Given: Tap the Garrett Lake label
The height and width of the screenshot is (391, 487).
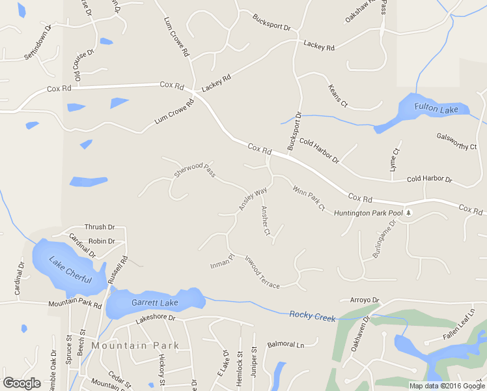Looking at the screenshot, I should tap(155, 303).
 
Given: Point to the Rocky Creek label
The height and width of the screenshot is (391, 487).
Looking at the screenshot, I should tap(313, 316).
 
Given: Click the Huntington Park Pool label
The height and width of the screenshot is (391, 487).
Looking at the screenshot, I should tap(369, 213).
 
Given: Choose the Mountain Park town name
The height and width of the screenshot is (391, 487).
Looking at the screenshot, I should tap(135, 345).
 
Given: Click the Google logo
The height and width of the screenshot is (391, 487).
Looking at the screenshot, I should tap(21, 383).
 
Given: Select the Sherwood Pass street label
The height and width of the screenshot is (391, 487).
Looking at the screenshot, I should tap(195, 171).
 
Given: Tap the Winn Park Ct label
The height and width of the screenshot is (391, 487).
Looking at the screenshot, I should tap(309, 199).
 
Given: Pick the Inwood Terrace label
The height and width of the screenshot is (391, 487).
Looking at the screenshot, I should tap(262, 272).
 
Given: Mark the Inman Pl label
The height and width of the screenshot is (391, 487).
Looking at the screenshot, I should tap(222, 262).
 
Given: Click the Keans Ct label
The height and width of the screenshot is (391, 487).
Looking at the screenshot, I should tap(339, 96).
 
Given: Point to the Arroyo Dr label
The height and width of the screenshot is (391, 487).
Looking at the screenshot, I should tap(364, 300).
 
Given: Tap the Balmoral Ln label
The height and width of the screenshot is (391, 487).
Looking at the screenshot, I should tap(286, 344).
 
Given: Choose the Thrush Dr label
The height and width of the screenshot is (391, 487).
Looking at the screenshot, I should tap(100, 227).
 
